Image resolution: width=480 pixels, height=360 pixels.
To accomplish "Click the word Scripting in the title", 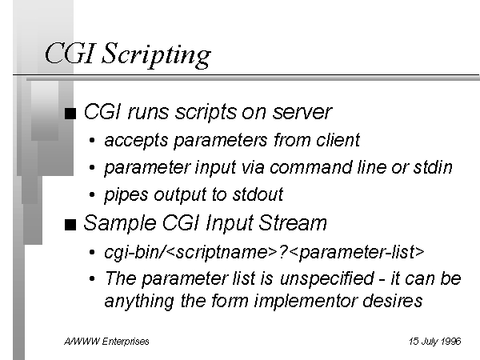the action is click(156, 54).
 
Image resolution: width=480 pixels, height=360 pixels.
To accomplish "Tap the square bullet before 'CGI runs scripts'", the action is click(70, 114).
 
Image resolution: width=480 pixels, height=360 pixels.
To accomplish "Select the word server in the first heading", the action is click(302, 112).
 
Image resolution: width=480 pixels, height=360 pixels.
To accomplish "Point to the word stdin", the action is click(433, 167).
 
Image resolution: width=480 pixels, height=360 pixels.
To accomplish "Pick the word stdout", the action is click(258, 194).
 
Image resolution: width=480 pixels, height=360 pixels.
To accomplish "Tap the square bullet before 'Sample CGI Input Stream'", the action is click(70, 225).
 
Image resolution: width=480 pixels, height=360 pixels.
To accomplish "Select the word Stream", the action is click(293, 222).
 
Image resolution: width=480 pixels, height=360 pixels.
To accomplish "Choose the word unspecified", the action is click(326, 279).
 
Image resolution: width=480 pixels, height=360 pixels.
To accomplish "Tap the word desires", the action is click(393, 301).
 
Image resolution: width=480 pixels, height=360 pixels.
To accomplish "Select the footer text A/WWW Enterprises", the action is click(106, 342).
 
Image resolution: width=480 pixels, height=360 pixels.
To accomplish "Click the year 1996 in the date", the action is click(451, 341).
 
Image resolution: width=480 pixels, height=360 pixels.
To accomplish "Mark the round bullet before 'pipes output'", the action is click(92, 194).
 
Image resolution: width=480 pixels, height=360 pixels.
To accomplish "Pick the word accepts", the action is click(136, 141).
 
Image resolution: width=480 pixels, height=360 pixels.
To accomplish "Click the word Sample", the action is click(120, 223).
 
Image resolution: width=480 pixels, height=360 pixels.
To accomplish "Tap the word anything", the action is click(139, 302).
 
